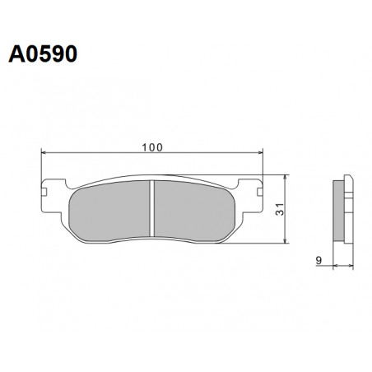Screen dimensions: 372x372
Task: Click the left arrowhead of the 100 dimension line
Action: coord(45,153)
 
